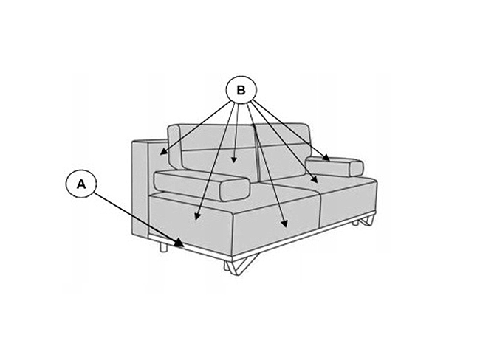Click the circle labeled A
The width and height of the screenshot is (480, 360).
(x=81, y=184)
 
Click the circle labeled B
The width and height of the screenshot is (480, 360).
(x=241, y=90)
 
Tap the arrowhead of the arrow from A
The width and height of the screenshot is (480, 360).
(x=179, y=243)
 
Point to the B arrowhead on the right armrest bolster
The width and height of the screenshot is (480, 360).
(x=326, y=158)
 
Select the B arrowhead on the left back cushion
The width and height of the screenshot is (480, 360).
(x=234, y=159)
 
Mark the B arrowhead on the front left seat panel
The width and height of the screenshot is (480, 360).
(x=197, y=215)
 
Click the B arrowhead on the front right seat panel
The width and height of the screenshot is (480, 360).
(x=285, y=224)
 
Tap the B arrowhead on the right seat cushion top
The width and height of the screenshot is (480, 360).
(x=315, y=179)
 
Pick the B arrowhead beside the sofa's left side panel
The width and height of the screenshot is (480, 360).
(x=164, y=151)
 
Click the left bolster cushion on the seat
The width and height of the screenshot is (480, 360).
(x=202, y=186)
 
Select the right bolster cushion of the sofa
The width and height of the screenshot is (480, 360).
(x=335, y=167)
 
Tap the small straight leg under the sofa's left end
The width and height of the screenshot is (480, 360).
(x=164, y=246)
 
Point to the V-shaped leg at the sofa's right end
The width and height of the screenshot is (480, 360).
(x=367, y=221)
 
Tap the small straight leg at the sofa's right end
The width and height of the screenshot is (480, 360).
(x=355, y=223)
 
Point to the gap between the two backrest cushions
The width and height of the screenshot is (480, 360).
(x=257, y=153)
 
